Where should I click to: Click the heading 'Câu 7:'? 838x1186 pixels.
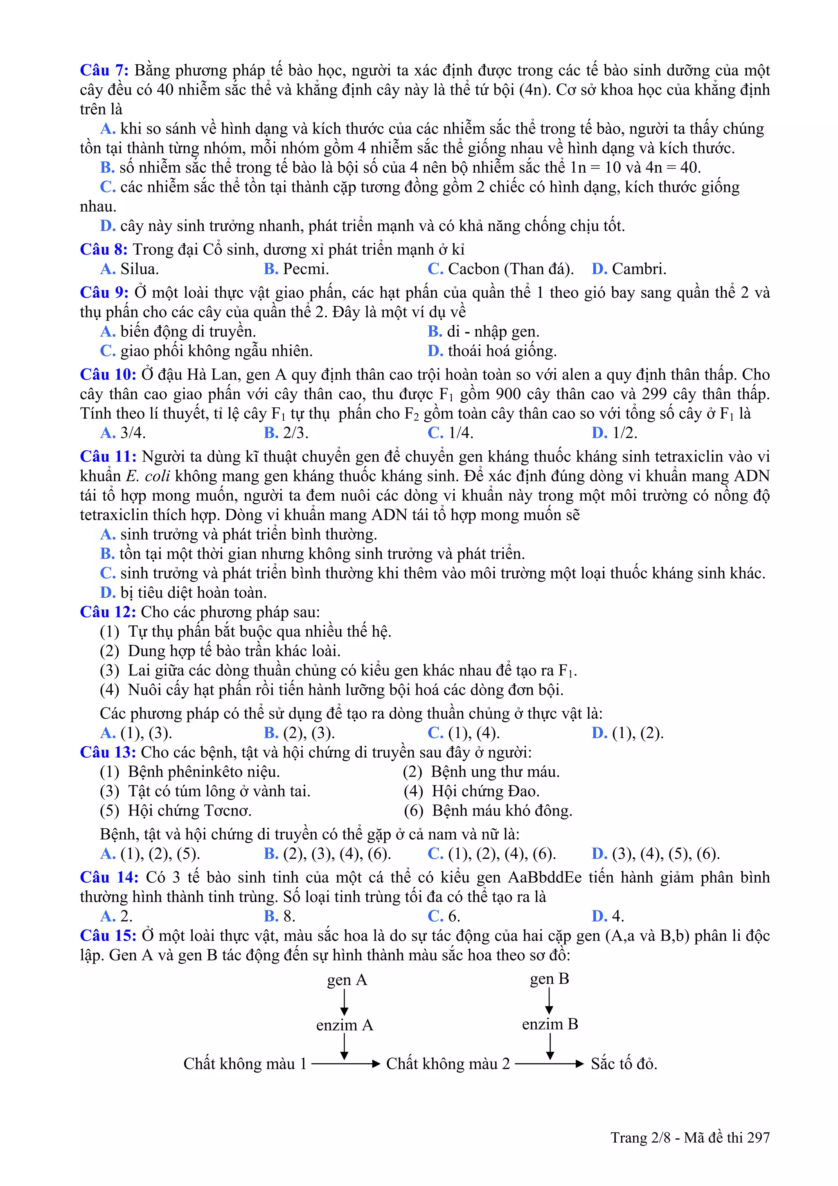[x=104, y=70]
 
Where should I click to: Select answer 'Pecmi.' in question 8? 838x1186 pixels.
[x=305, y=269]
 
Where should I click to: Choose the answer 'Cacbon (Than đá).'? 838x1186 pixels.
[x=510, y=269]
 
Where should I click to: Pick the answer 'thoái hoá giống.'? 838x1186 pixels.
[x=501, y=351]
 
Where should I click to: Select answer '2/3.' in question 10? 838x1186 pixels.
[x=295, y=433]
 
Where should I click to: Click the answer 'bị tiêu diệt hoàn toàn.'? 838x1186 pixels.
[x=193, y=592]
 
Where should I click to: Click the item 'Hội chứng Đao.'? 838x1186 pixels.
[x=485, y=791]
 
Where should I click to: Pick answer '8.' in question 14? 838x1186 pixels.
[x=288, y=916]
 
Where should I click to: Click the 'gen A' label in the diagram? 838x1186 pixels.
[x=347, y=980]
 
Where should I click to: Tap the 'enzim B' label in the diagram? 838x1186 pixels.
[x=550, y=1024]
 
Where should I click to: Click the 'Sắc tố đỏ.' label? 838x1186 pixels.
[x=624, y=1064]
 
